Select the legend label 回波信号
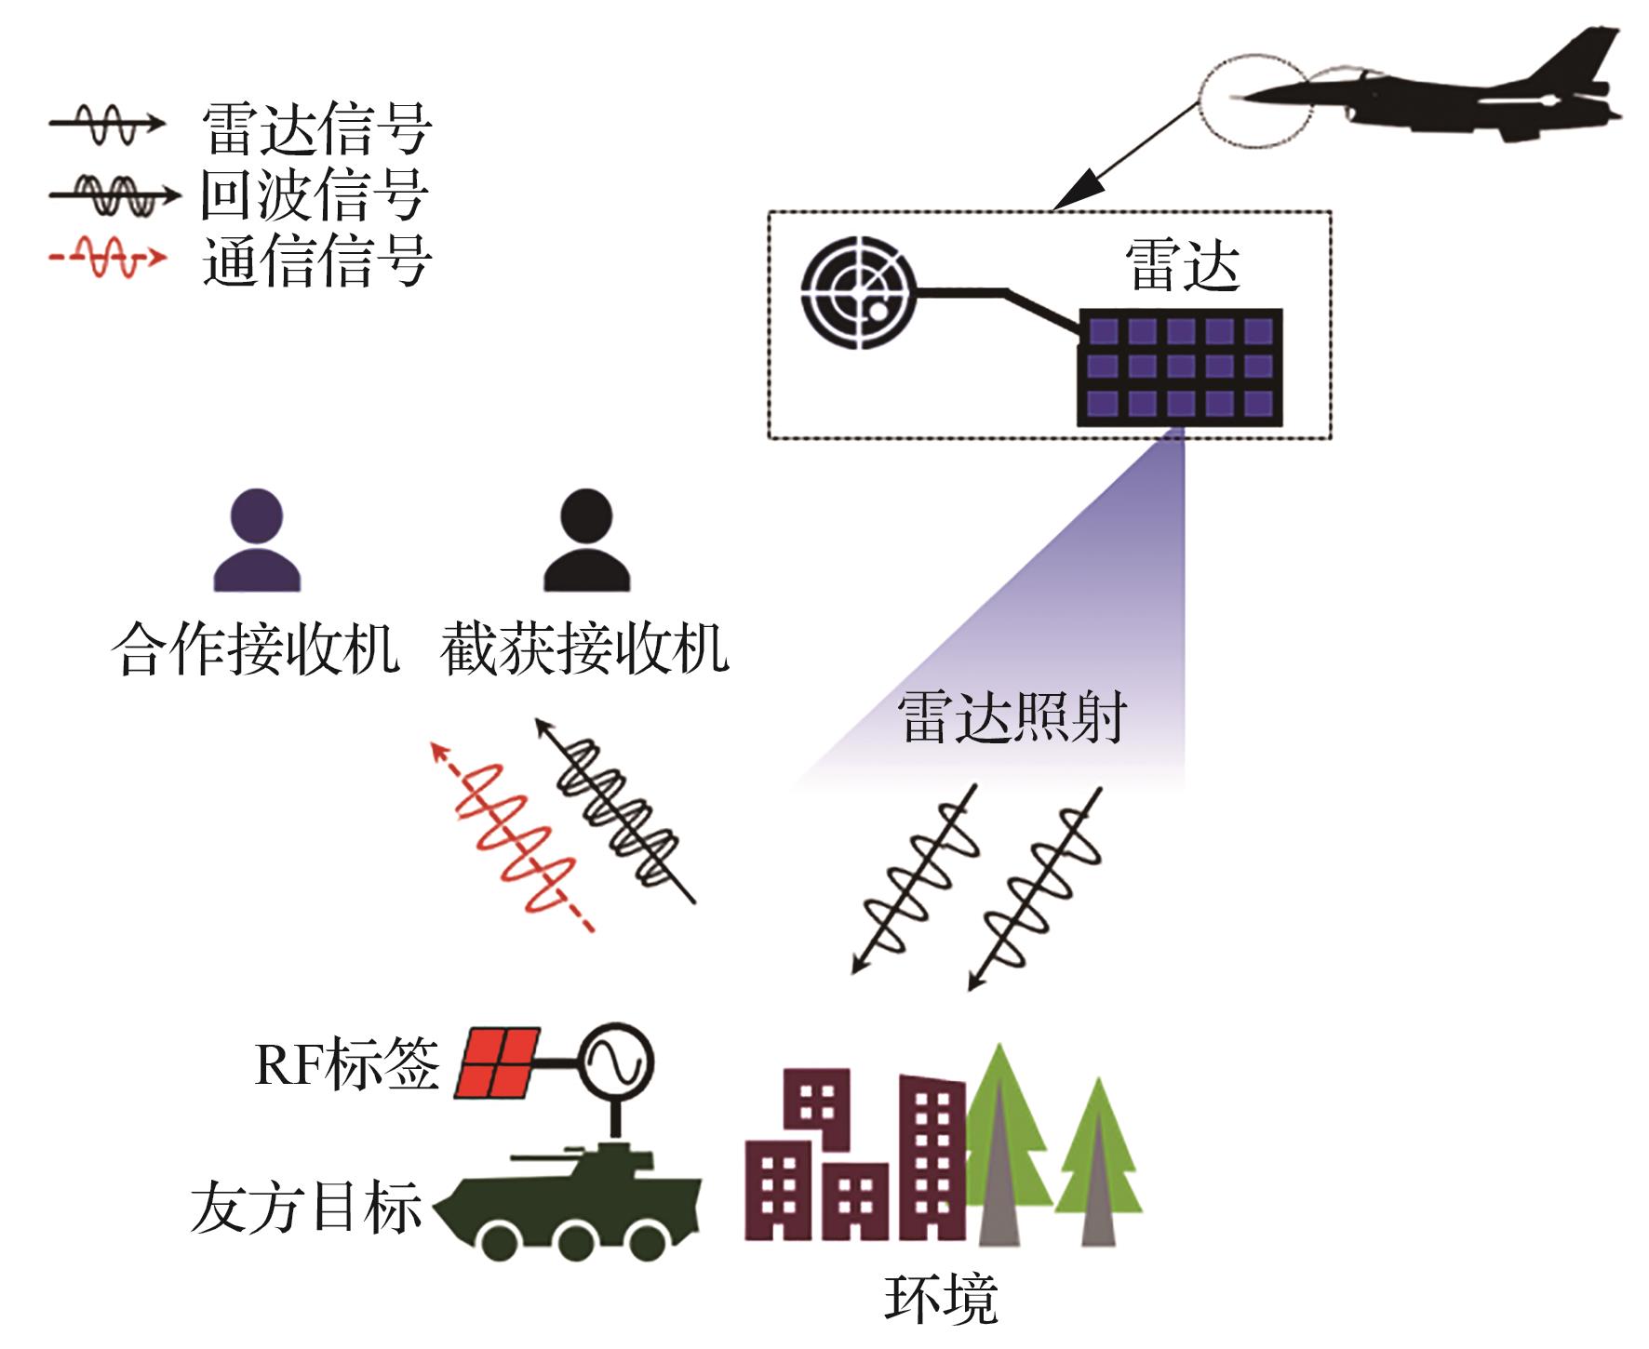click(315, 194)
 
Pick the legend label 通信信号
click(316, 260)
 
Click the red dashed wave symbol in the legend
click(107, 258)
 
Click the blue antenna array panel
click(1180, 367)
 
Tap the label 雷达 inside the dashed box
click(1182, 266)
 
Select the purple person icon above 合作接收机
click(257, 541)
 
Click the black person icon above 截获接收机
click(587, 541)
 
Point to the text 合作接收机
click(256, 648)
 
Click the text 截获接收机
click(584, 648)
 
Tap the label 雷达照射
click(1012, 716)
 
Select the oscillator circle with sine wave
click(616, 1062)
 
